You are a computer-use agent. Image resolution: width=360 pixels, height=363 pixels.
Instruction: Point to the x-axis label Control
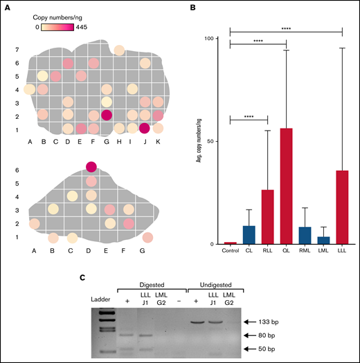click(230, 250)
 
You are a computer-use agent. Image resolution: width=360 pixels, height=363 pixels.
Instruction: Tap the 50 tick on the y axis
click(215, 140)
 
